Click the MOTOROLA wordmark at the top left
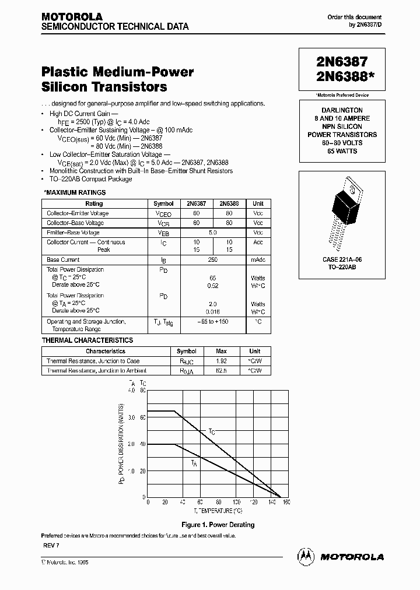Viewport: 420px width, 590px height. (72, 17)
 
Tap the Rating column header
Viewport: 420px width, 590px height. (94, 203)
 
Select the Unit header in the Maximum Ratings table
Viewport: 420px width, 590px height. (258, 203)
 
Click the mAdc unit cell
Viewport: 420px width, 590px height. (258, 259)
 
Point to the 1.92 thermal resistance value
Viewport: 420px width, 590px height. (221, 361)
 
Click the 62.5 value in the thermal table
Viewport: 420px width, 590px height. (221, 370)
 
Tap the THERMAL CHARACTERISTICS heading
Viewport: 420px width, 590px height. (87, 340)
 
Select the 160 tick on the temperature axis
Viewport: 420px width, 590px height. (271, 502)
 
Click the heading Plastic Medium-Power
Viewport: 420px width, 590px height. (117, 72)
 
